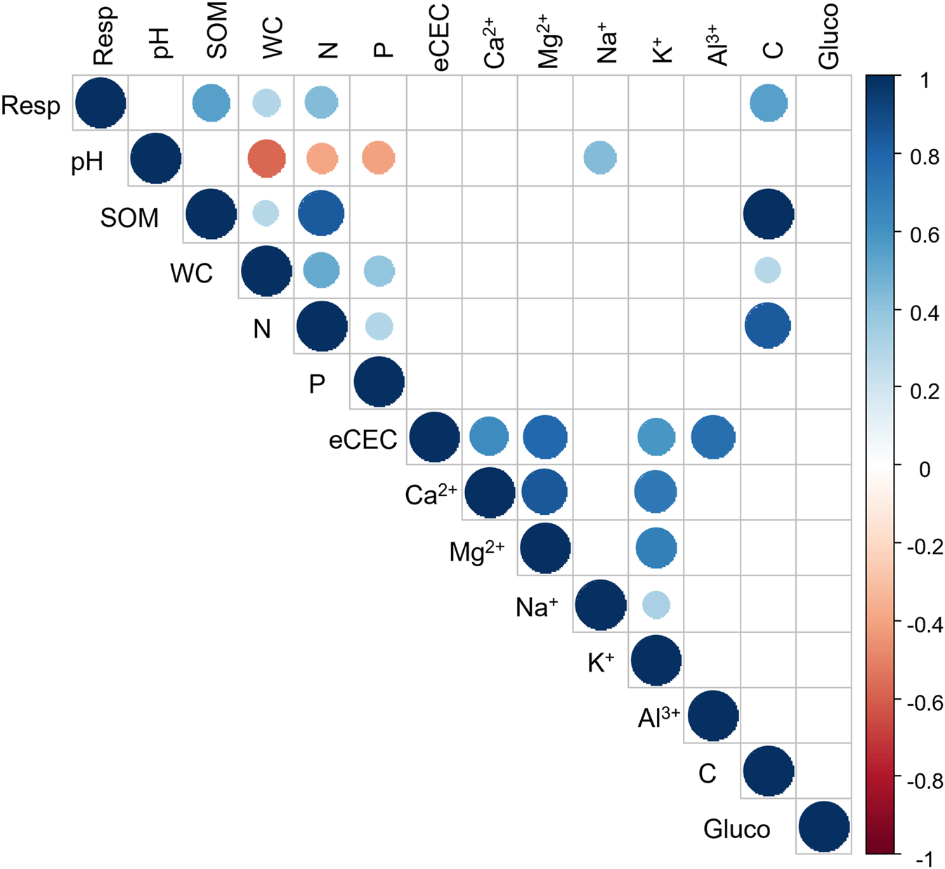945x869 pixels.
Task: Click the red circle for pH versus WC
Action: (x=266, y=158)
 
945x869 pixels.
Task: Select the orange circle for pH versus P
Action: (x=378, y=158)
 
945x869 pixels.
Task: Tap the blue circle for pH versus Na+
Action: (x=600, y=158)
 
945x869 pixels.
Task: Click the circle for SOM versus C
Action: (x=768, y=214)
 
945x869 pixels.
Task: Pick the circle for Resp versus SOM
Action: (x=211, y=103)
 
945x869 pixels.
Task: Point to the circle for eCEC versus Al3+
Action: (x=712, y=437)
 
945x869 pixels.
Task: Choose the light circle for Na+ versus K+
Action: (x=656, y=604)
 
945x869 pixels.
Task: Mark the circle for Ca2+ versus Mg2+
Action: (x=545, y=492)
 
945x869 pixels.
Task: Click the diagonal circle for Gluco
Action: (x=824, y=826)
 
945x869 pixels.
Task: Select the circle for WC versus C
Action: (x=768, y=270)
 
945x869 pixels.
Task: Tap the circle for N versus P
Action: (x=379, y=326)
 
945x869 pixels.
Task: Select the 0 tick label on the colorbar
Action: (x=925, y=469)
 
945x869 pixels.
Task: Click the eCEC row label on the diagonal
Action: (x=363, y=440)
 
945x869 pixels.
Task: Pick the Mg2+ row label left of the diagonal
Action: (x=476, y=552)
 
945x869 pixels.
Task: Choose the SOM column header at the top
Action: (x=217, y=32)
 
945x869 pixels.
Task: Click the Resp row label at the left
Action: (x=30, y=105)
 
